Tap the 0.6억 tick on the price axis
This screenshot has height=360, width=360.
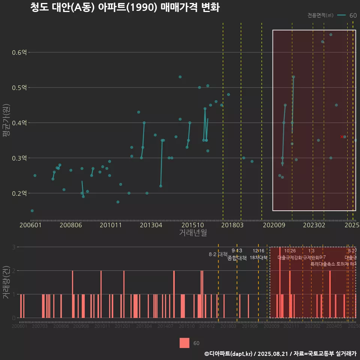(19, 52)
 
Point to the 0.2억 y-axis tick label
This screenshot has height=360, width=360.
(19, 193)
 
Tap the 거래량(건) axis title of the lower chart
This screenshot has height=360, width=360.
(6, 282)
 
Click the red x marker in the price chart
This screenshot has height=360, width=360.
(342, 137)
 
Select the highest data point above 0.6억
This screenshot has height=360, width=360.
(331, 34)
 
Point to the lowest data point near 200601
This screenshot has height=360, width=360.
(32, 211)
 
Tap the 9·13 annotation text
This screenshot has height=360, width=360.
(237, 250)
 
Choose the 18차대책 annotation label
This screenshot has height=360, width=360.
(258, 258)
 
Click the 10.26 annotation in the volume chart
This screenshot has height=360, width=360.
(290, 250)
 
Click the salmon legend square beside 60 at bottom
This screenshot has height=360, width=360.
(184, 343)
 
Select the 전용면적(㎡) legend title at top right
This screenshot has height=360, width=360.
(320, 15)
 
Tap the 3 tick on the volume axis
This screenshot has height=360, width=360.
(14, 247)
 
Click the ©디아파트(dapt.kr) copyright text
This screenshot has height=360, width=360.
(229, 354)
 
